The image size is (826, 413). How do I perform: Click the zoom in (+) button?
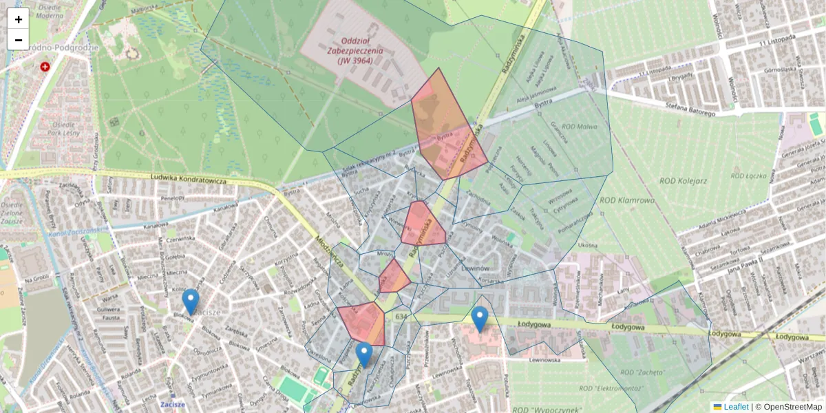tap(19, 19)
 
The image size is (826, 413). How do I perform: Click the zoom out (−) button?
tap(19, 40)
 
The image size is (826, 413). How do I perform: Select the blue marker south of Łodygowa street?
tap(480, 319)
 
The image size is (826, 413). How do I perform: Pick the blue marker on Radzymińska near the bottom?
tap(364, 354)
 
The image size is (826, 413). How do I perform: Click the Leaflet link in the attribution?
tap(735, 407)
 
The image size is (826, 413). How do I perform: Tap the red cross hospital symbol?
tap(45, 67)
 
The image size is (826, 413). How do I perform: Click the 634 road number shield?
tap(401, 316)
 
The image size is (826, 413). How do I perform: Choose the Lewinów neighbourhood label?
tap(474, 267)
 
